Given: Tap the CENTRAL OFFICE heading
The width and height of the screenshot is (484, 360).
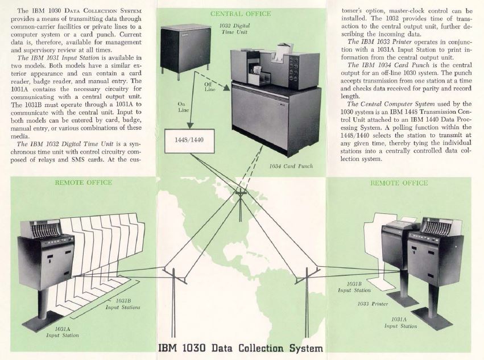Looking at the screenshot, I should (241, 13).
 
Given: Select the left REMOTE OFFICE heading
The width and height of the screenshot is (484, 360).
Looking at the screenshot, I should (83, 183).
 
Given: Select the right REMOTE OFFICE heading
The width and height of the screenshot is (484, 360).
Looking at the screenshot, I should (399, 183).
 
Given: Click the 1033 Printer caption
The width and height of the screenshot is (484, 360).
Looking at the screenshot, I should (373, 304).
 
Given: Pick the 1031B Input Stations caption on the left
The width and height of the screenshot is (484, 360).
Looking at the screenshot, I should (122, 304).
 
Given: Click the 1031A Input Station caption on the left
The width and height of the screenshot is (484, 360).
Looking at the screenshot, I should (63, 332).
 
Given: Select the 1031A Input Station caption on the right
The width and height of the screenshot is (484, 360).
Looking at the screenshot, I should (400, 322).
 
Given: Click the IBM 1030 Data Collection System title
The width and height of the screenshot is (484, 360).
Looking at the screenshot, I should (241, 347).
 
